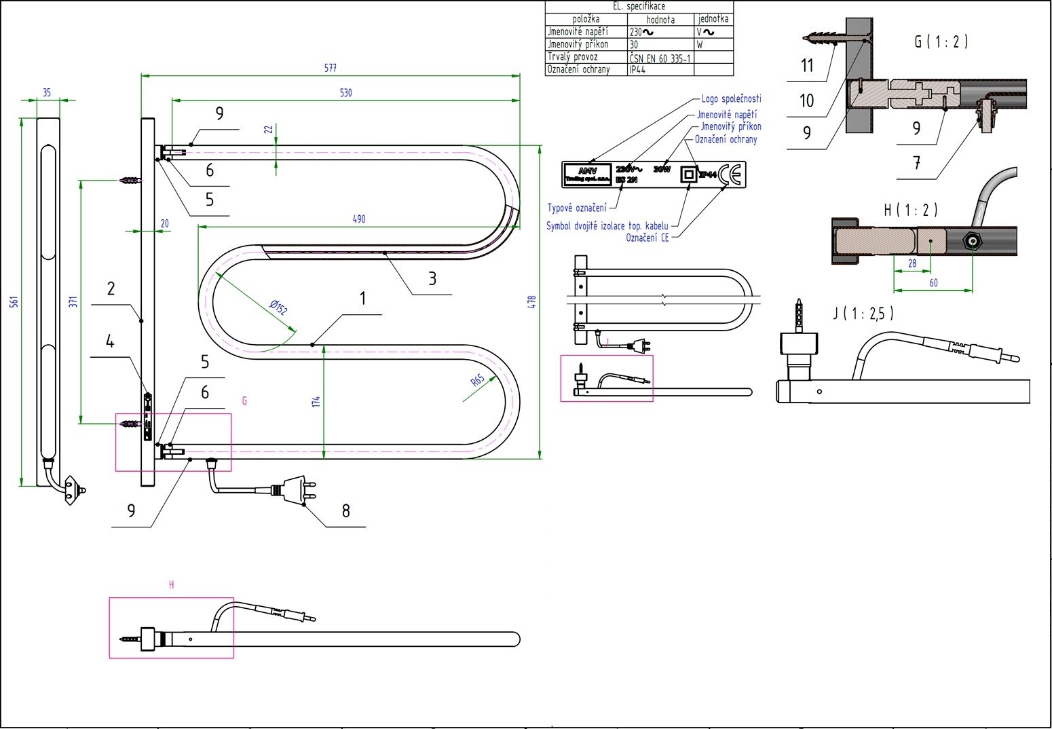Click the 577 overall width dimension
pos(331,68)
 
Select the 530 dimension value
pos(346,93)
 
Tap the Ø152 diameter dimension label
pos(278,307)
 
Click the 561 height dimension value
pos(14,301)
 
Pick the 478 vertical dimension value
pos(532,302)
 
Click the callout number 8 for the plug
pos(345,511)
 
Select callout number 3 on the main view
pos(432,278)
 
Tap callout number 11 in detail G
pos(807,66)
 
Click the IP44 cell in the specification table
pos(637,69)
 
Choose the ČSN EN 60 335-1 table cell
pos(660,57)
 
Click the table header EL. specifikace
pos(639,6)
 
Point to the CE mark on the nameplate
pos(731,175)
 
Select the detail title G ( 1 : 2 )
pos(941,41)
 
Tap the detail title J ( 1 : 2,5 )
pos(863,313)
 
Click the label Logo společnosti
pos(731,99)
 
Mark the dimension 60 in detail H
pos(933,283)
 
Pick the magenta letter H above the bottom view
pos(172,584)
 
